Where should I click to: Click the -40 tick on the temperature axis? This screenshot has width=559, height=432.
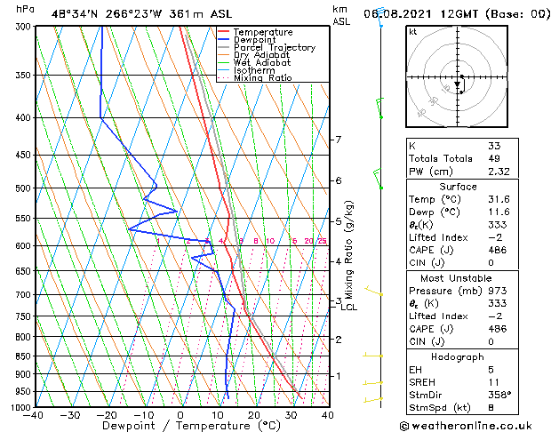click(34, 415)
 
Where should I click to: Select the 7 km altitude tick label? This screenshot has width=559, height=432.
click(338, 140)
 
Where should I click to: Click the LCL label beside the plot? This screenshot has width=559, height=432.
click(348, 308)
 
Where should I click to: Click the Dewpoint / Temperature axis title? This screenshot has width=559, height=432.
click(180, 426)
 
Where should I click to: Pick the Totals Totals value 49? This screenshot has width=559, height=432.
click(494, 158)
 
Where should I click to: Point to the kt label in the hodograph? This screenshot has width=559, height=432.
click(413, 32)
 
